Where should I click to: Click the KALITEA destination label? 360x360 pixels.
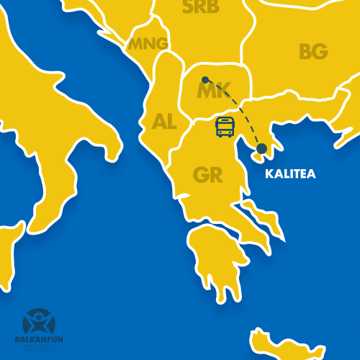[x=290, y=174]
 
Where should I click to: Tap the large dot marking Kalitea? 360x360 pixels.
[x=261, y=148]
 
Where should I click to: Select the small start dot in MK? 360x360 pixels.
[x=205, y=80]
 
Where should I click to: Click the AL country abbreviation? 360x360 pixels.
[x=164, y=122]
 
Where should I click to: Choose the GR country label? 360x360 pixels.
[x=207, y=175]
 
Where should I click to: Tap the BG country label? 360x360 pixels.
[x=313, y=52]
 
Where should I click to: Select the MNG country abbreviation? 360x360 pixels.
[x=149, y=44]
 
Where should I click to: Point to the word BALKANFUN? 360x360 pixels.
[x=37, y=338]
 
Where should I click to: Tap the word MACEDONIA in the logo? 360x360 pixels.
[x=37, y=347]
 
